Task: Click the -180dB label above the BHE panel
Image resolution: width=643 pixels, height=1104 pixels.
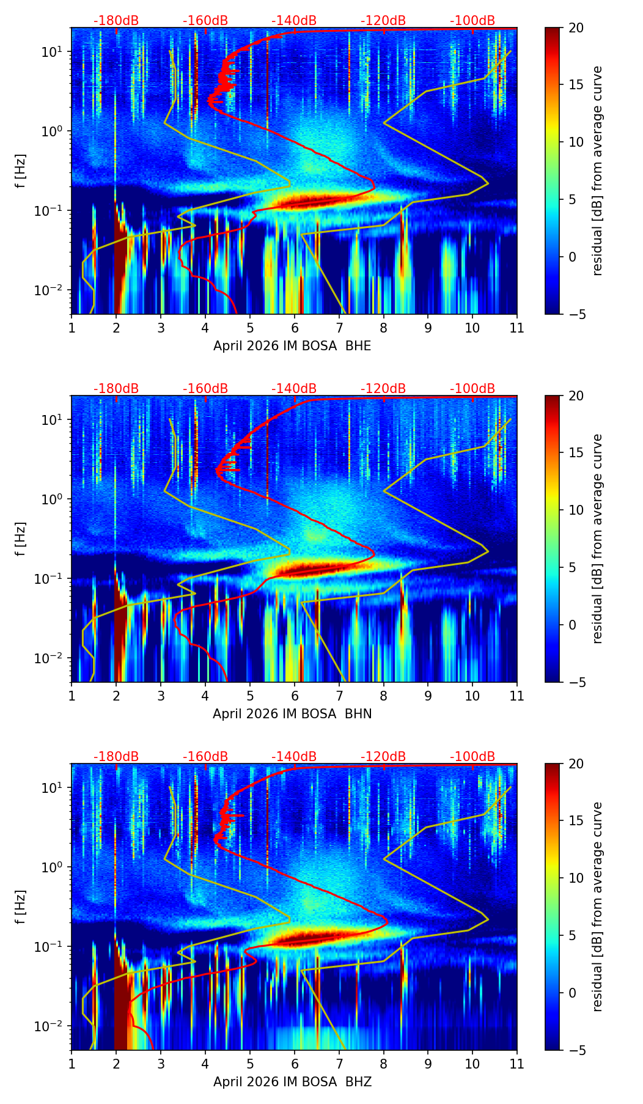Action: [116, 21]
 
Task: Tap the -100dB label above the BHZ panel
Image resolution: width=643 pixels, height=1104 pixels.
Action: [472, 757]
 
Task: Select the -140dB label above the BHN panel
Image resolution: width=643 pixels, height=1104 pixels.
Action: [294, 389]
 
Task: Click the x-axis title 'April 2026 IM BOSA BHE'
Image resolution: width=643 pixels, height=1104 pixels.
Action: [292, 346]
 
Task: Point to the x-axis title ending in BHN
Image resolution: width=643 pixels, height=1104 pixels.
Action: [292, 714]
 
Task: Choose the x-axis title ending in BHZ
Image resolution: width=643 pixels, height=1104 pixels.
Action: [292, 1082]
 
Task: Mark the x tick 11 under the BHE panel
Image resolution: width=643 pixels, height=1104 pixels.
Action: [517, 328]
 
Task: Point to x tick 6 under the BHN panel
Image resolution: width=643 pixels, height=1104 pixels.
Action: [295, 696]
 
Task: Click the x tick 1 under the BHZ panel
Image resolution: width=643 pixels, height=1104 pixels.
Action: [72, 1064]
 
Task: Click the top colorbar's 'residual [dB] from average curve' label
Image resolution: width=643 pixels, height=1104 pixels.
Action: [597, 171]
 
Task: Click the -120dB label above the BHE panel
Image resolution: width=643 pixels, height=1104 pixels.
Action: [383, 21]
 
